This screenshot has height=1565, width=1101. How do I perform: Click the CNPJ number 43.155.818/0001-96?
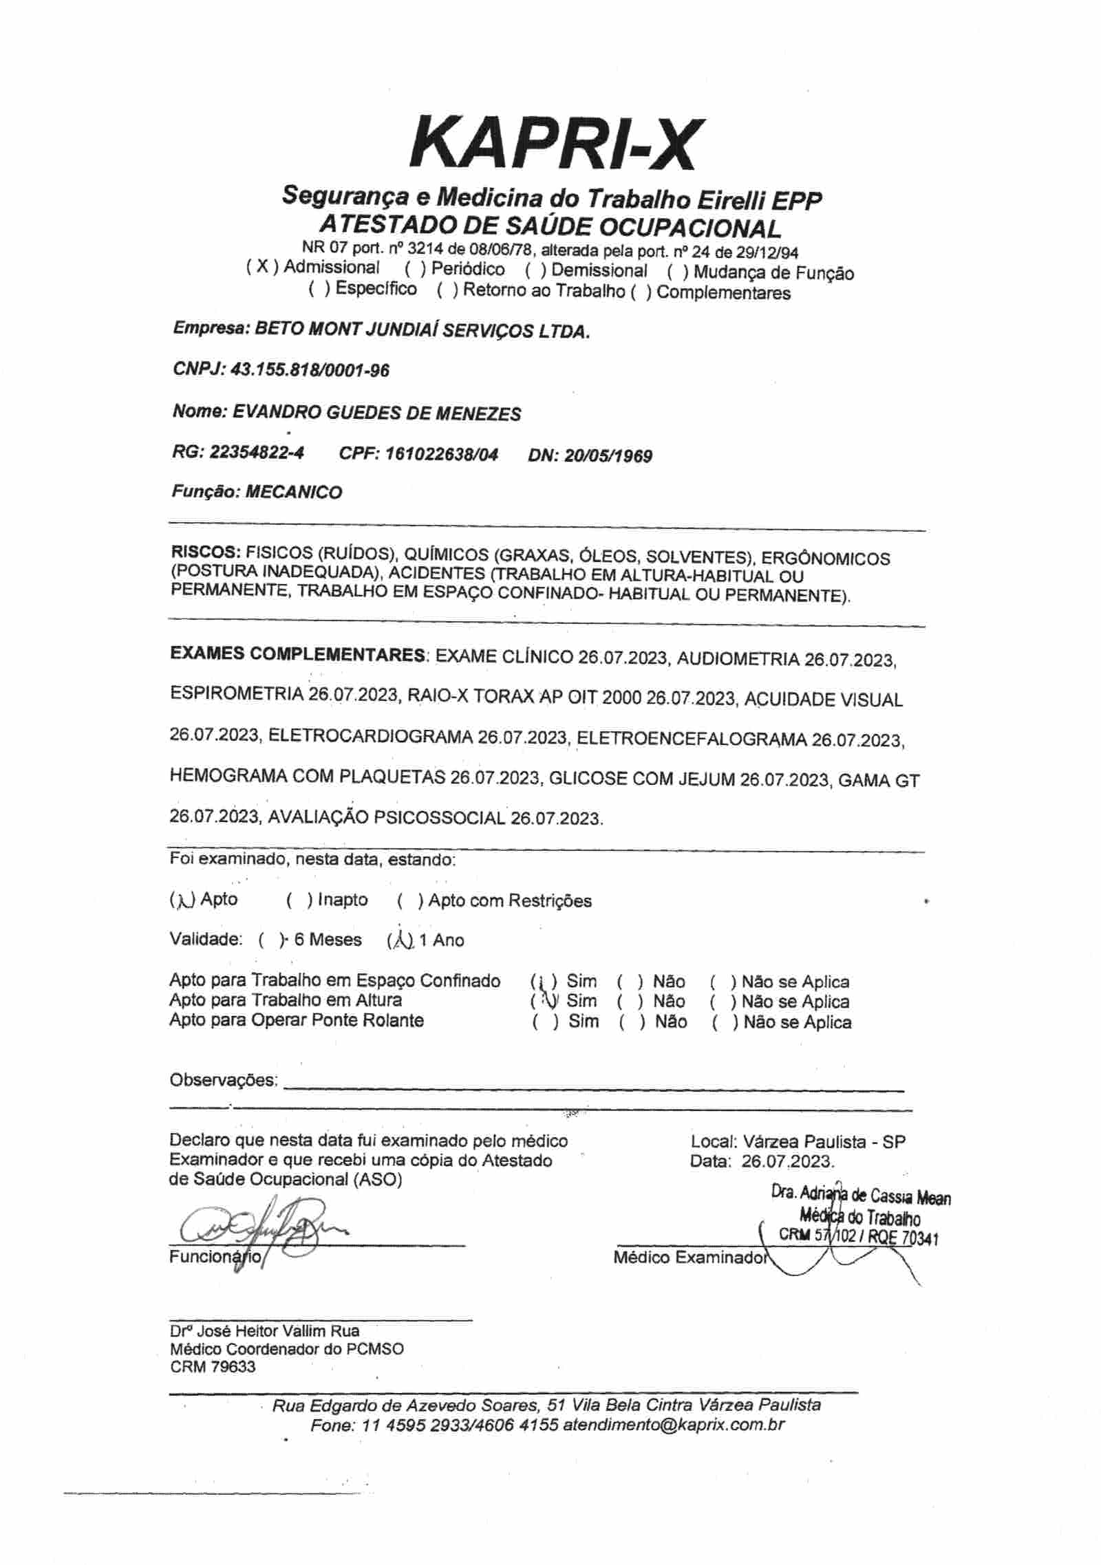pyautogui.click(x=310, y=371)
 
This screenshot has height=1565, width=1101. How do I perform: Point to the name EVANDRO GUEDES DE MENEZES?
pyautogui.click(x=377, y=413)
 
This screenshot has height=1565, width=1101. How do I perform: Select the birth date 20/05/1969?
pyautogui.click(x=608, y=456)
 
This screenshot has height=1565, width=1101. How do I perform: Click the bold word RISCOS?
pyautogui.click(x=204, y=553)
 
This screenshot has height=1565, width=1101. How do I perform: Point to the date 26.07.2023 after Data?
pyautogui.click(x=788, y=1163)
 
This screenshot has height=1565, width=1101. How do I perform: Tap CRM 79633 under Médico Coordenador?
pyautogui.click(x=213, y=1366)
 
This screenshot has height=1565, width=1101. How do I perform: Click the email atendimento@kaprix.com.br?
pyautogui.click(x=674, y=1425)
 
